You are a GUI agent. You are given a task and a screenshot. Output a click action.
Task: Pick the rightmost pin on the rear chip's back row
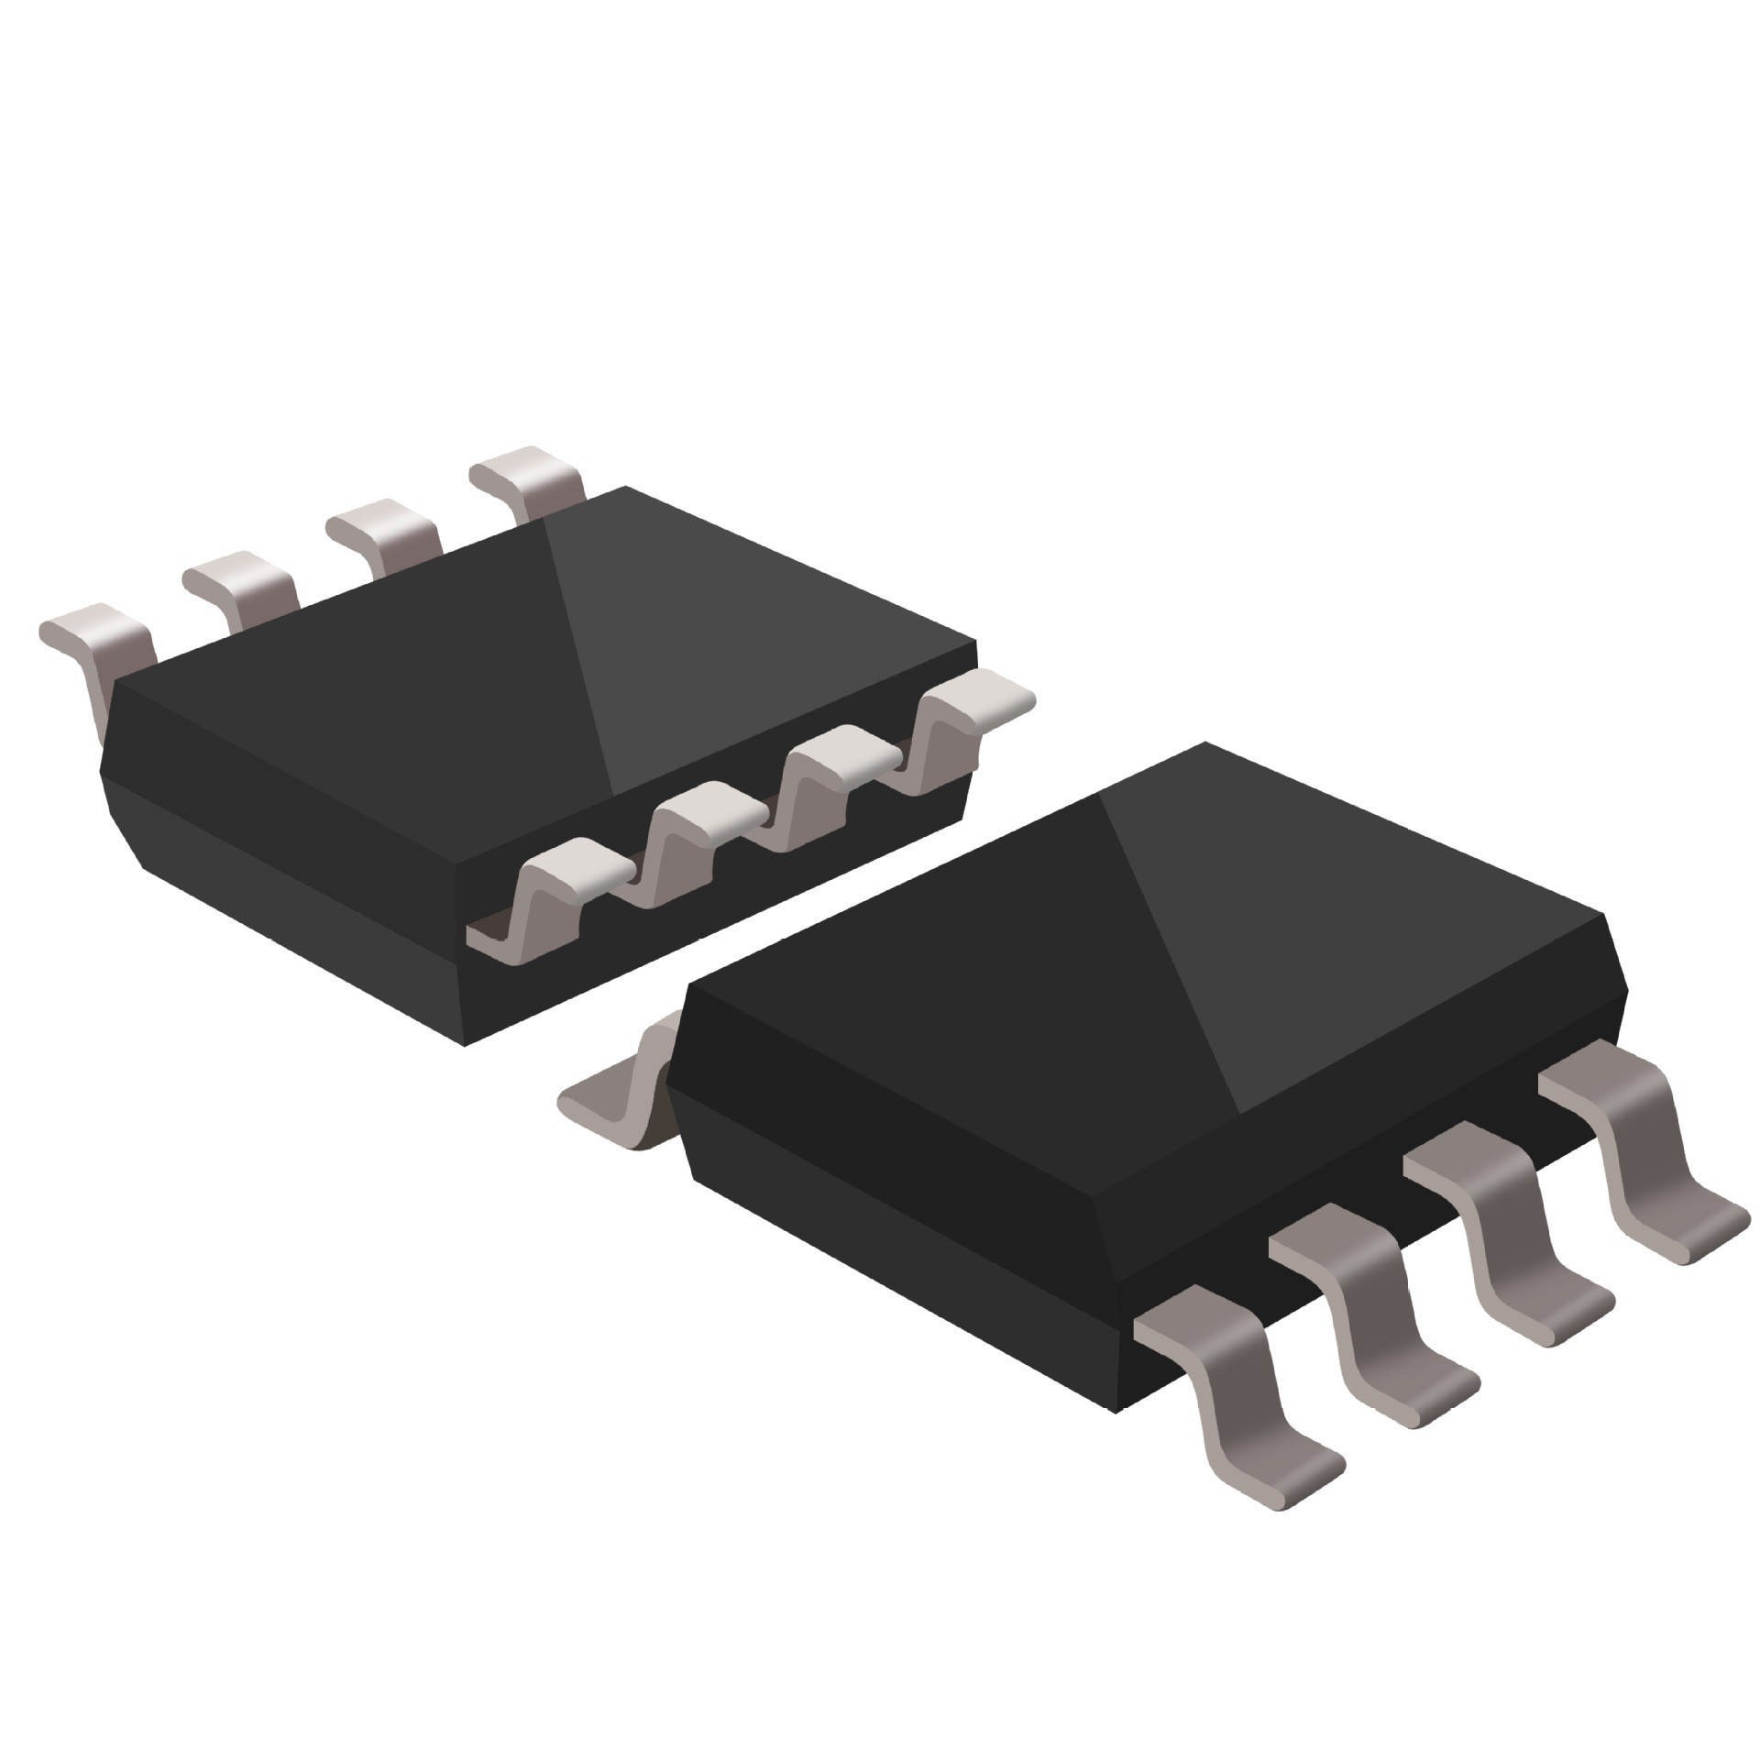click(x=527, y=480)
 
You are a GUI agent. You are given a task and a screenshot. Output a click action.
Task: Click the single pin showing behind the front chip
click(x=623, y=1091)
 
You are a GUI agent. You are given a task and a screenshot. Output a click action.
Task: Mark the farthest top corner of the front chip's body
click(x=1204, y=743)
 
